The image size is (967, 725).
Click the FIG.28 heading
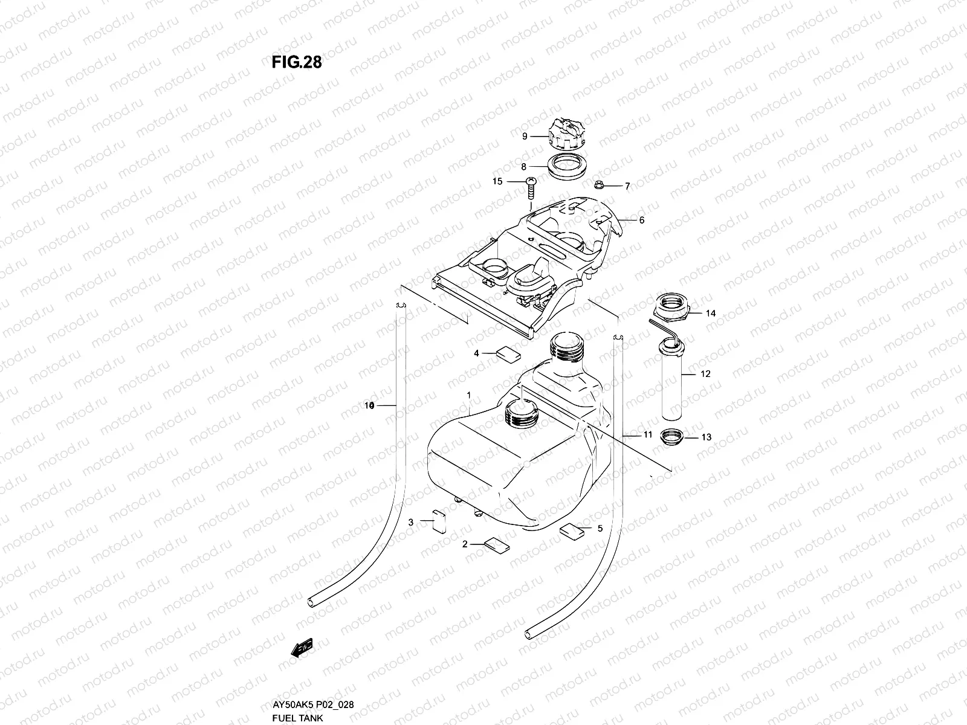click(x=293, y=62)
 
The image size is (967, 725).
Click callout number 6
click(x=642, y=221)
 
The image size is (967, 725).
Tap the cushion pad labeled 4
click(x=508, y=353)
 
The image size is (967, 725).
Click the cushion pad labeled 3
click(x=438, y=521)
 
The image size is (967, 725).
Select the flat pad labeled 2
click(x=496, y=546)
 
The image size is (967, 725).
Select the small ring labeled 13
click(x=672, y=436)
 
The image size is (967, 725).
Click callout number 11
click(x=647, y=434)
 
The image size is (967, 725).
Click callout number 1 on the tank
click(x=468, y=395)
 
